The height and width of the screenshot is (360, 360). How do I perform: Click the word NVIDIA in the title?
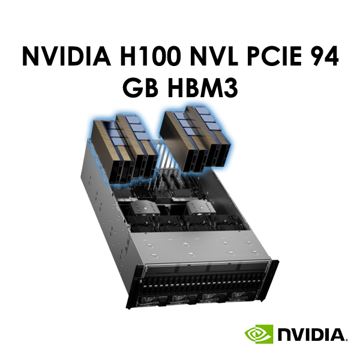pos(67,56)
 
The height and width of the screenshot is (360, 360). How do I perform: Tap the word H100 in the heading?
pos(149,56)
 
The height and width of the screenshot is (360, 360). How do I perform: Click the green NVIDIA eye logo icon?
pos(259,334)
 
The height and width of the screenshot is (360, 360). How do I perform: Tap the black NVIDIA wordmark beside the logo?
pos(312,335)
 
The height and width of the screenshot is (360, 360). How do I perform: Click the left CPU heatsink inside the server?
pos(144,208)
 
